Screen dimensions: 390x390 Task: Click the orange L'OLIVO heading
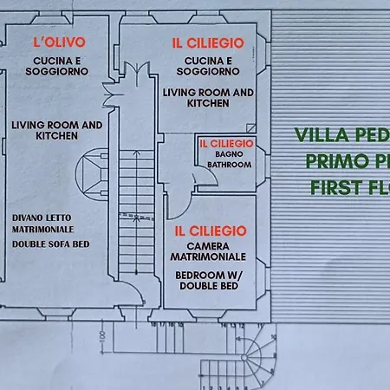click(58, 41)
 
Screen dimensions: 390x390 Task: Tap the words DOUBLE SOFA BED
click(50, 244)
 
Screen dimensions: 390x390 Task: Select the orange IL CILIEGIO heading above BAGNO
click(225, 143)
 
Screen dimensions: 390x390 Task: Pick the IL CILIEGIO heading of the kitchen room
click(207, 42)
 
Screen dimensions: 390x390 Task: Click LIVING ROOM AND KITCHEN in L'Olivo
click(57, 130)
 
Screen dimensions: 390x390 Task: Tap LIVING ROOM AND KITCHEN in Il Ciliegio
click(207, 97)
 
